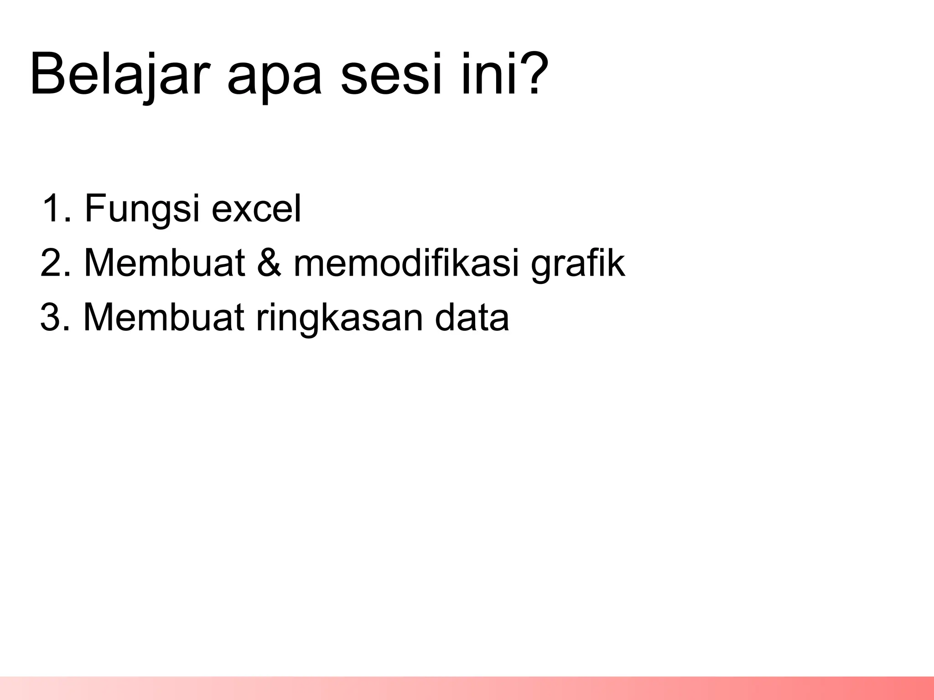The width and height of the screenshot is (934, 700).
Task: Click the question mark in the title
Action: [x=529, y=73]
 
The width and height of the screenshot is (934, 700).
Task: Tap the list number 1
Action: [x=56, y=209]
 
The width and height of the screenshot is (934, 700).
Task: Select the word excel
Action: [x=256, y=209]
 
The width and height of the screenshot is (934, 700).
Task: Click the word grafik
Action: [x=578, y=264]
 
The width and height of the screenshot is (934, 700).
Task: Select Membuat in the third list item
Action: [x=164, y=317]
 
